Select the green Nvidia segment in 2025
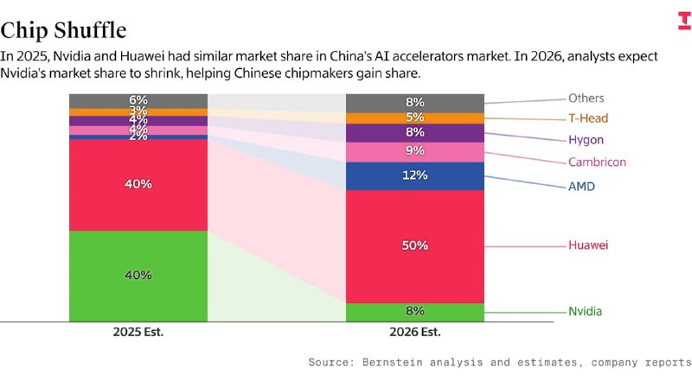(x=138, y=275)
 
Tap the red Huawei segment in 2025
(x=138, y=184)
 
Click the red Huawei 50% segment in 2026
(x=414, y=245)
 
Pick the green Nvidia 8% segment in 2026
(x=414, y=311)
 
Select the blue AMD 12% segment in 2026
(x=414, y=175)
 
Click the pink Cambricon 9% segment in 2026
(x=414, y=151)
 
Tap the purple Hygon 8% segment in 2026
(x=414, y=132)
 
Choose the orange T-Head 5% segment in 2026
(x=414, y=118)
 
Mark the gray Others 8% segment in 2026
(x=414, y=102)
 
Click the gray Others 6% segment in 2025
(x=138, y=100)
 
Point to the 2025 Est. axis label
(x=138, y=332)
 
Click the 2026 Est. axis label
(x=414, y=332)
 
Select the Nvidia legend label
(x=586, y=311)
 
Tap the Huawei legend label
(x=588, y=245)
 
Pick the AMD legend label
(x=581, y=186)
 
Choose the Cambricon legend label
(x=597, y=162)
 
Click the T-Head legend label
(x=588, y=118)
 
